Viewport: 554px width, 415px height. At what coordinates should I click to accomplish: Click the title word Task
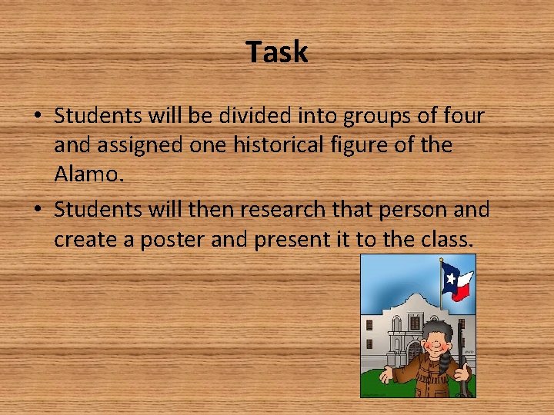(x=277, y=52)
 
